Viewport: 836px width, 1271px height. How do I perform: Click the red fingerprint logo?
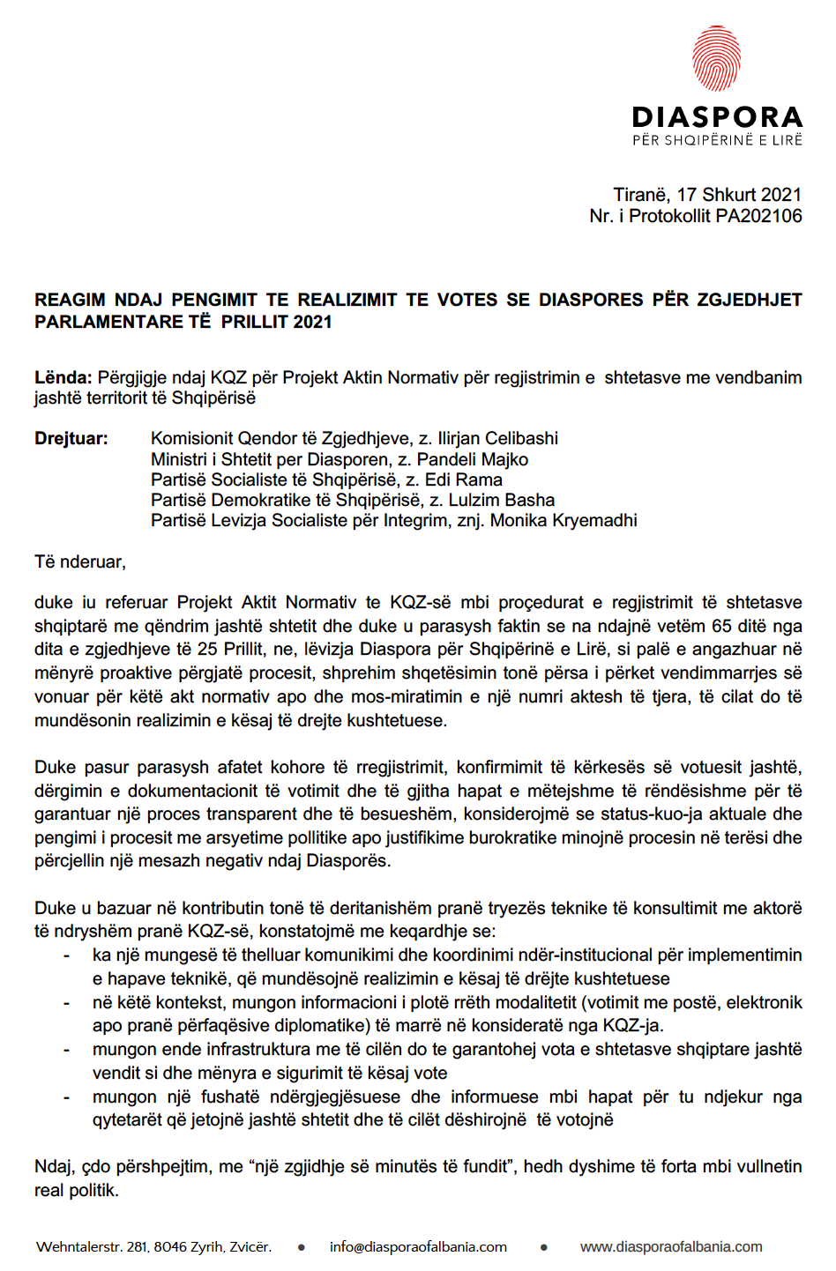click(716, 58)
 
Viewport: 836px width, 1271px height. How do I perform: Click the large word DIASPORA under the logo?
click(717, 117)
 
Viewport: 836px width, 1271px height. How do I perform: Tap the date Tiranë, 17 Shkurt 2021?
click(707, 195)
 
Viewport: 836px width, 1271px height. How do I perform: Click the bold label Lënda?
click(63, 378)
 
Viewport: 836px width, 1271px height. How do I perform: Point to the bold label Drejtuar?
click(71, 439)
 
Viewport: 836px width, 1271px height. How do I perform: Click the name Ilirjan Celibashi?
click(497, 439)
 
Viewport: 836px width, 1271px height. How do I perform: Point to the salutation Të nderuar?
click(80, 562)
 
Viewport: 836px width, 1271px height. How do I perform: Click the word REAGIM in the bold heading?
click(70, 301)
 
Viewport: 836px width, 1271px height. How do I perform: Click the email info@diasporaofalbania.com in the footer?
click(418, 1247)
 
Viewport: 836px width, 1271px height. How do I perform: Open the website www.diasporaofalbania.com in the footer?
click(671, 1247)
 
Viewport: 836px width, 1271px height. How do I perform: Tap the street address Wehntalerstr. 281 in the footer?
click(92, 1247)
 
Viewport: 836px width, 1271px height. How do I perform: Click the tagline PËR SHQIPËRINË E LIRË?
click(717, 140)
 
